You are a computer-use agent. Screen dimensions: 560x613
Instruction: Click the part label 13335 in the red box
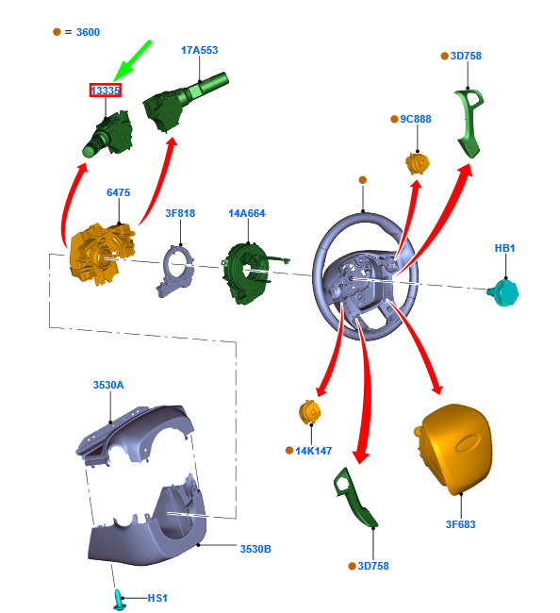pos(106,91)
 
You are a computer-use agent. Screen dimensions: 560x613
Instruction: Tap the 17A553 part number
pos(199,50)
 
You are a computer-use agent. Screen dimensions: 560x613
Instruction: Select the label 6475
pos(119,192)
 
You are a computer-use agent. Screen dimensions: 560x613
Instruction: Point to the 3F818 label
pos(180,213)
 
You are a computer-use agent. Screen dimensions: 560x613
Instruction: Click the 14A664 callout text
pos(247,213)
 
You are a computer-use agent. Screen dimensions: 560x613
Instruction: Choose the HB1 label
pos(504,248)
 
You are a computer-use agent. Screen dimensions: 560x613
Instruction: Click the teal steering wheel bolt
pos(503,292)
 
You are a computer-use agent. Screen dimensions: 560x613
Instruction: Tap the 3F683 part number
pos(461,524)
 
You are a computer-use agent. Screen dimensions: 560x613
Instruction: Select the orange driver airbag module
pos(453,448)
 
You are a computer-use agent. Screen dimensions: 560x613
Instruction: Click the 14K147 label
pos(313,451)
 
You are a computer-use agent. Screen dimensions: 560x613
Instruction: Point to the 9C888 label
pos(416,119)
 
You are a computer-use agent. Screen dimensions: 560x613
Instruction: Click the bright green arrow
pos(132,60)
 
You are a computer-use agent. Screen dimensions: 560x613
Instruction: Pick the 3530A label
pos(108,385)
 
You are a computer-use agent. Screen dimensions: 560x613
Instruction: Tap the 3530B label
pos(255,549)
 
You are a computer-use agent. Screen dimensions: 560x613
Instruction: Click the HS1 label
pos(157,598)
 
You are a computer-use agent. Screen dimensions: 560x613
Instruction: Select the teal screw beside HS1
pos(119,600)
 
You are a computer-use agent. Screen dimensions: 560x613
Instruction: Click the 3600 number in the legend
pos(88,32)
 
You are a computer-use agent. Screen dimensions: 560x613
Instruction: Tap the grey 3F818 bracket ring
pos(174,271)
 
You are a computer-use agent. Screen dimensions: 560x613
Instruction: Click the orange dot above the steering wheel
pos(363,180)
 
